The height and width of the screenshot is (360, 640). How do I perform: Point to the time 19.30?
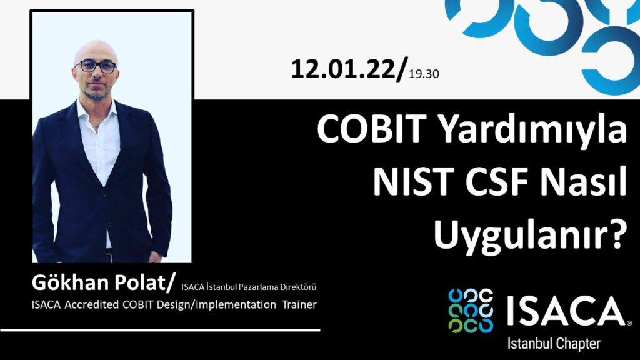click(x=424, y=74)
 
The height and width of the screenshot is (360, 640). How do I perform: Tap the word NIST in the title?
click(x=414, y=182)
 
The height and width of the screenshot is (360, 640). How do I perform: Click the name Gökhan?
click(x=71, y=282)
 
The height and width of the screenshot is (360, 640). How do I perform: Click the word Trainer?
click(x=299, y=304)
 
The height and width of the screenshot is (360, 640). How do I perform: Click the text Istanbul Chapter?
click(x=554, y=344)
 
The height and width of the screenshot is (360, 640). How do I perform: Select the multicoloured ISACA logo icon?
click(x=471, y=310)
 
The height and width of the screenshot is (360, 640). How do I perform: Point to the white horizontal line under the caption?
click(x=160, y=330)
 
